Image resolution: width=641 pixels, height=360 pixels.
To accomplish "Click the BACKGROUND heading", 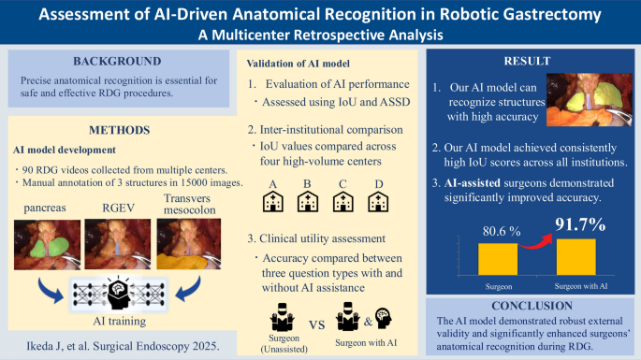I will point(119,63).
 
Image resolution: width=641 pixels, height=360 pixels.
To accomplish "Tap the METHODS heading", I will point(119,129).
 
